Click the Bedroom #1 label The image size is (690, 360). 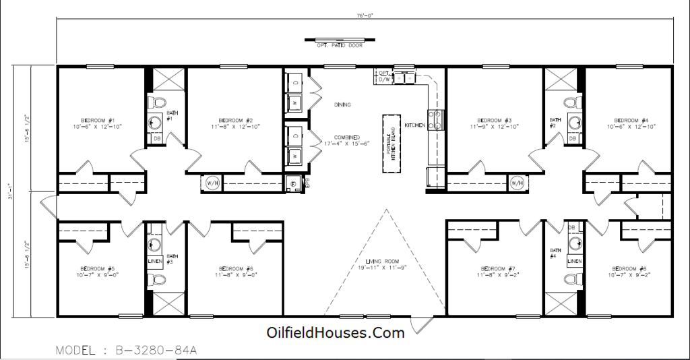point(98,119)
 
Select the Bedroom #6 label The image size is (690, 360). point(234,268)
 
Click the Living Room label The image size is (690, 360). point(383,262)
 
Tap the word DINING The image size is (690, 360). point(342,105)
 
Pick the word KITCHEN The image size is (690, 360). point(414,125)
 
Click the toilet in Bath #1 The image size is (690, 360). point(157,102)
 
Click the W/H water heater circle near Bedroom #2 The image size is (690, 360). point(212,183)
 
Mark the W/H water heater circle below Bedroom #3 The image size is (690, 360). point(517,183)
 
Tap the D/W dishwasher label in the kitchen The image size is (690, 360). point(384,79)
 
